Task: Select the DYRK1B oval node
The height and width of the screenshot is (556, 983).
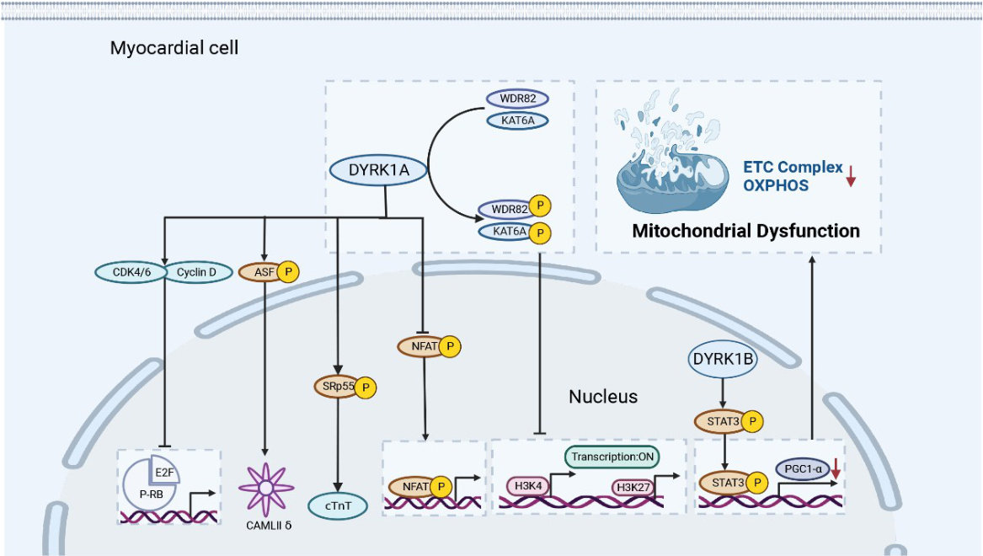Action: pyautogui.click(x=722, y=360)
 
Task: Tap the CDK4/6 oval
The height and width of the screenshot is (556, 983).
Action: pyautogui.click(x=130, y=272)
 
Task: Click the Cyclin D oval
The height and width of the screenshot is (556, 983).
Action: pyautogui.click(x=196, y=272)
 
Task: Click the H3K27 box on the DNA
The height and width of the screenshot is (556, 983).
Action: pyautogui.click(x=632, y=487)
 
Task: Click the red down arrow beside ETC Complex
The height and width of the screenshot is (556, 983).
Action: pyautogui.click(x=851, y=174)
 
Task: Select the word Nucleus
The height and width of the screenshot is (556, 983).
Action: pyautogui.click(x=603, y=396)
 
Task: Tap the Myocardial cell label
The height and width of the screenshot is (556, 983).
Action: pyautogui.click(x=174, y=48)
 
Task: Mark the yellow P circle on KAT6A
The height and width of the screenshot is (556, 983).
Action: pyautogui.click(x=539, y=231)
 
